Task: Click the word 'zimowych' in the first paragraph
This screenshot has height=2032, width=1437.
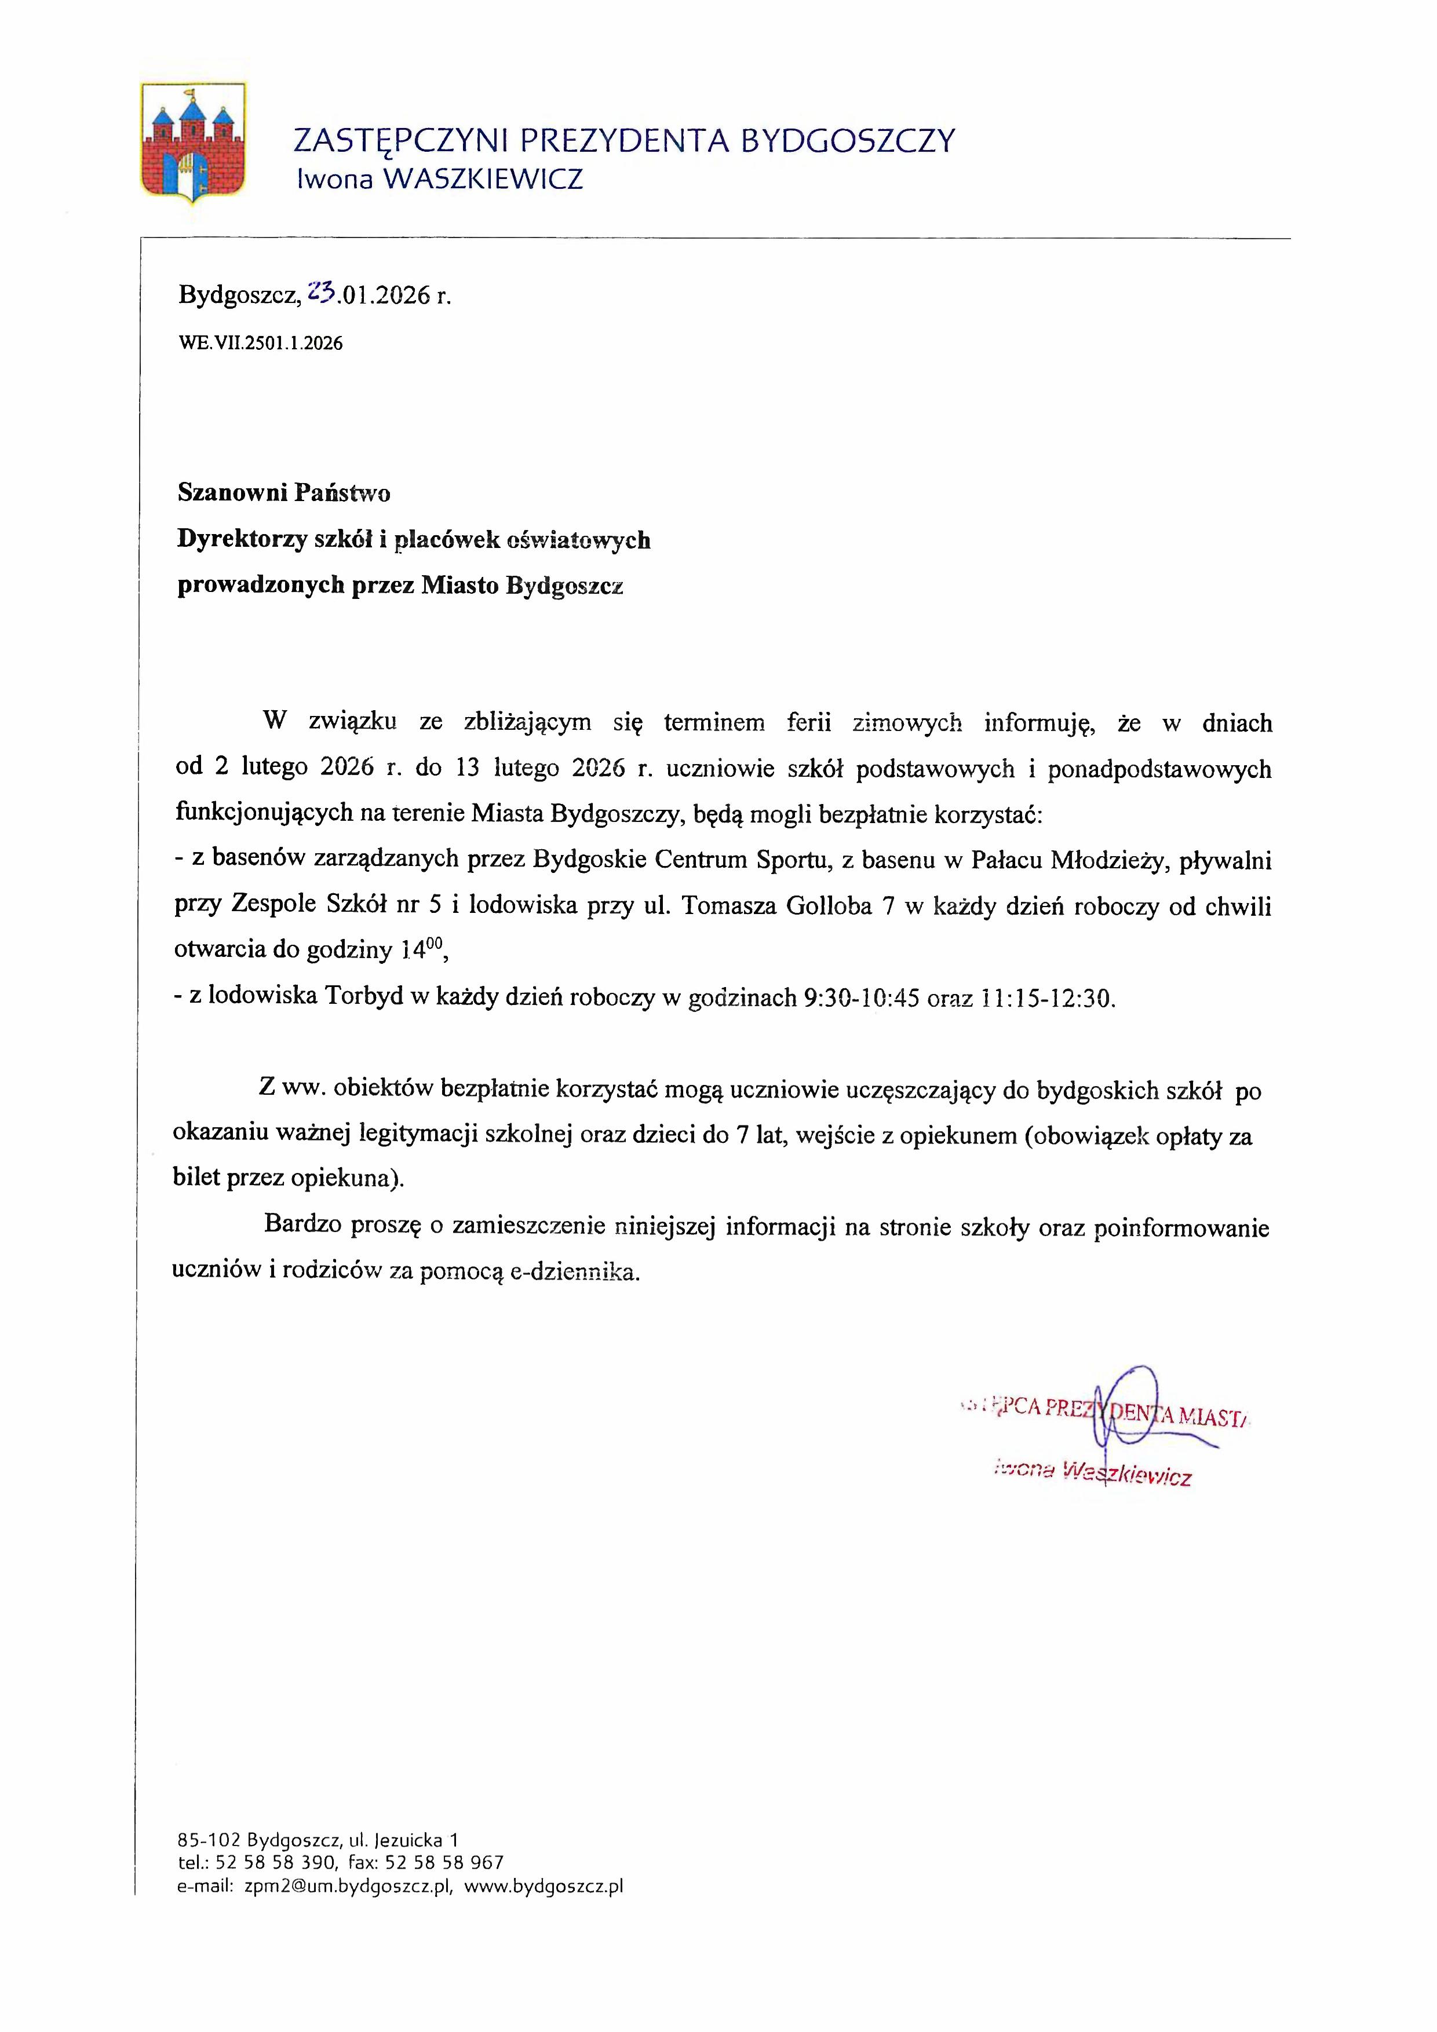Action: point(907,723)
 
